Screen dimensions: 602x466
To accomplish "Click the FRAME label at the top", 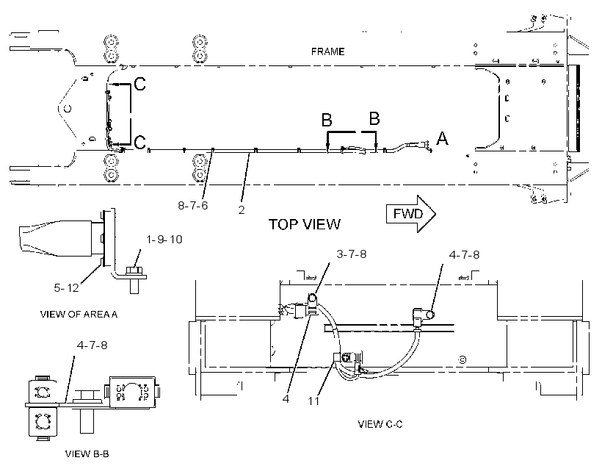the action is pos(327,51).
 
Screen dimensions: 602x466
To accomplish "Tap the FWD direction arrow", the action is pos(411,214).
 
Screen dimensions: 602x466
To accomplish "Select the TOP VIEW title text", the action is pos(304,224).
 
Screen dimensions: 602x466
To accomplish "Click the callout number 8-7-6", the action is pos(193,206).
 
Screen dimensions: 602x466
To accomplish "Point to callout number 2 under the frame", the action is pos(241,210).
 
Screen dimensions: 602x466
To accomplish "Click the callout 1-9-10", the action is pos(164,240).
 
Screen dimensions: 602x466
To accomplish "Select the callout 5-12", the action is pos(66,287).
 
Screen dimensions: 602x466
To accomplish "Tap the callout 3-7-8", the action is pos(352,254).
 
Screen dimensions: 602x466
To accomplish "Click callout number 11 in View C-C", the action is pos(313,401).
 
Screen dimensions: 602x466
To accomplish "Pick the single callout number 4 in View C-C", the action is pos(286,398).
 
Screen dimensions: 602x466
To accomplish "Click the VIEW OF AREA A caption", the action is pos(79,315).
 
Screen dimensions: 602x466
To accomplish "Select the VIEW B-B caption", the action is pos(87,454).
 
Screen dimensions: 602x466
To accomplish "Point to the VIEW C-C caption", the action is pos(380,424).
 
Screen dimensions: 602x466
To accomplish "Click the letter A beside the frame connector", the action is pos(442,138).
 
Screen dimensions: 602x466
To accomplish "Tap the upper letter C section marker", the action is pos(140,84).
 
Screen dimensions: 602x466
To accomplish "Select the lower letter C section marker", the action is pos(140,143).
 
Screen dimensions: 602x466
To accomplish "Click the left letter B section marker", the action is pos(327,120).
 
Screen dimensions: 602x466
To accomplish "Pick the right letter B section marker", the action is pos(374,118).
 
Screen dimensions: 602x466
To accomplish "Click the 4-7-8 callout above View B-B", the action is pos(93,345).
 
